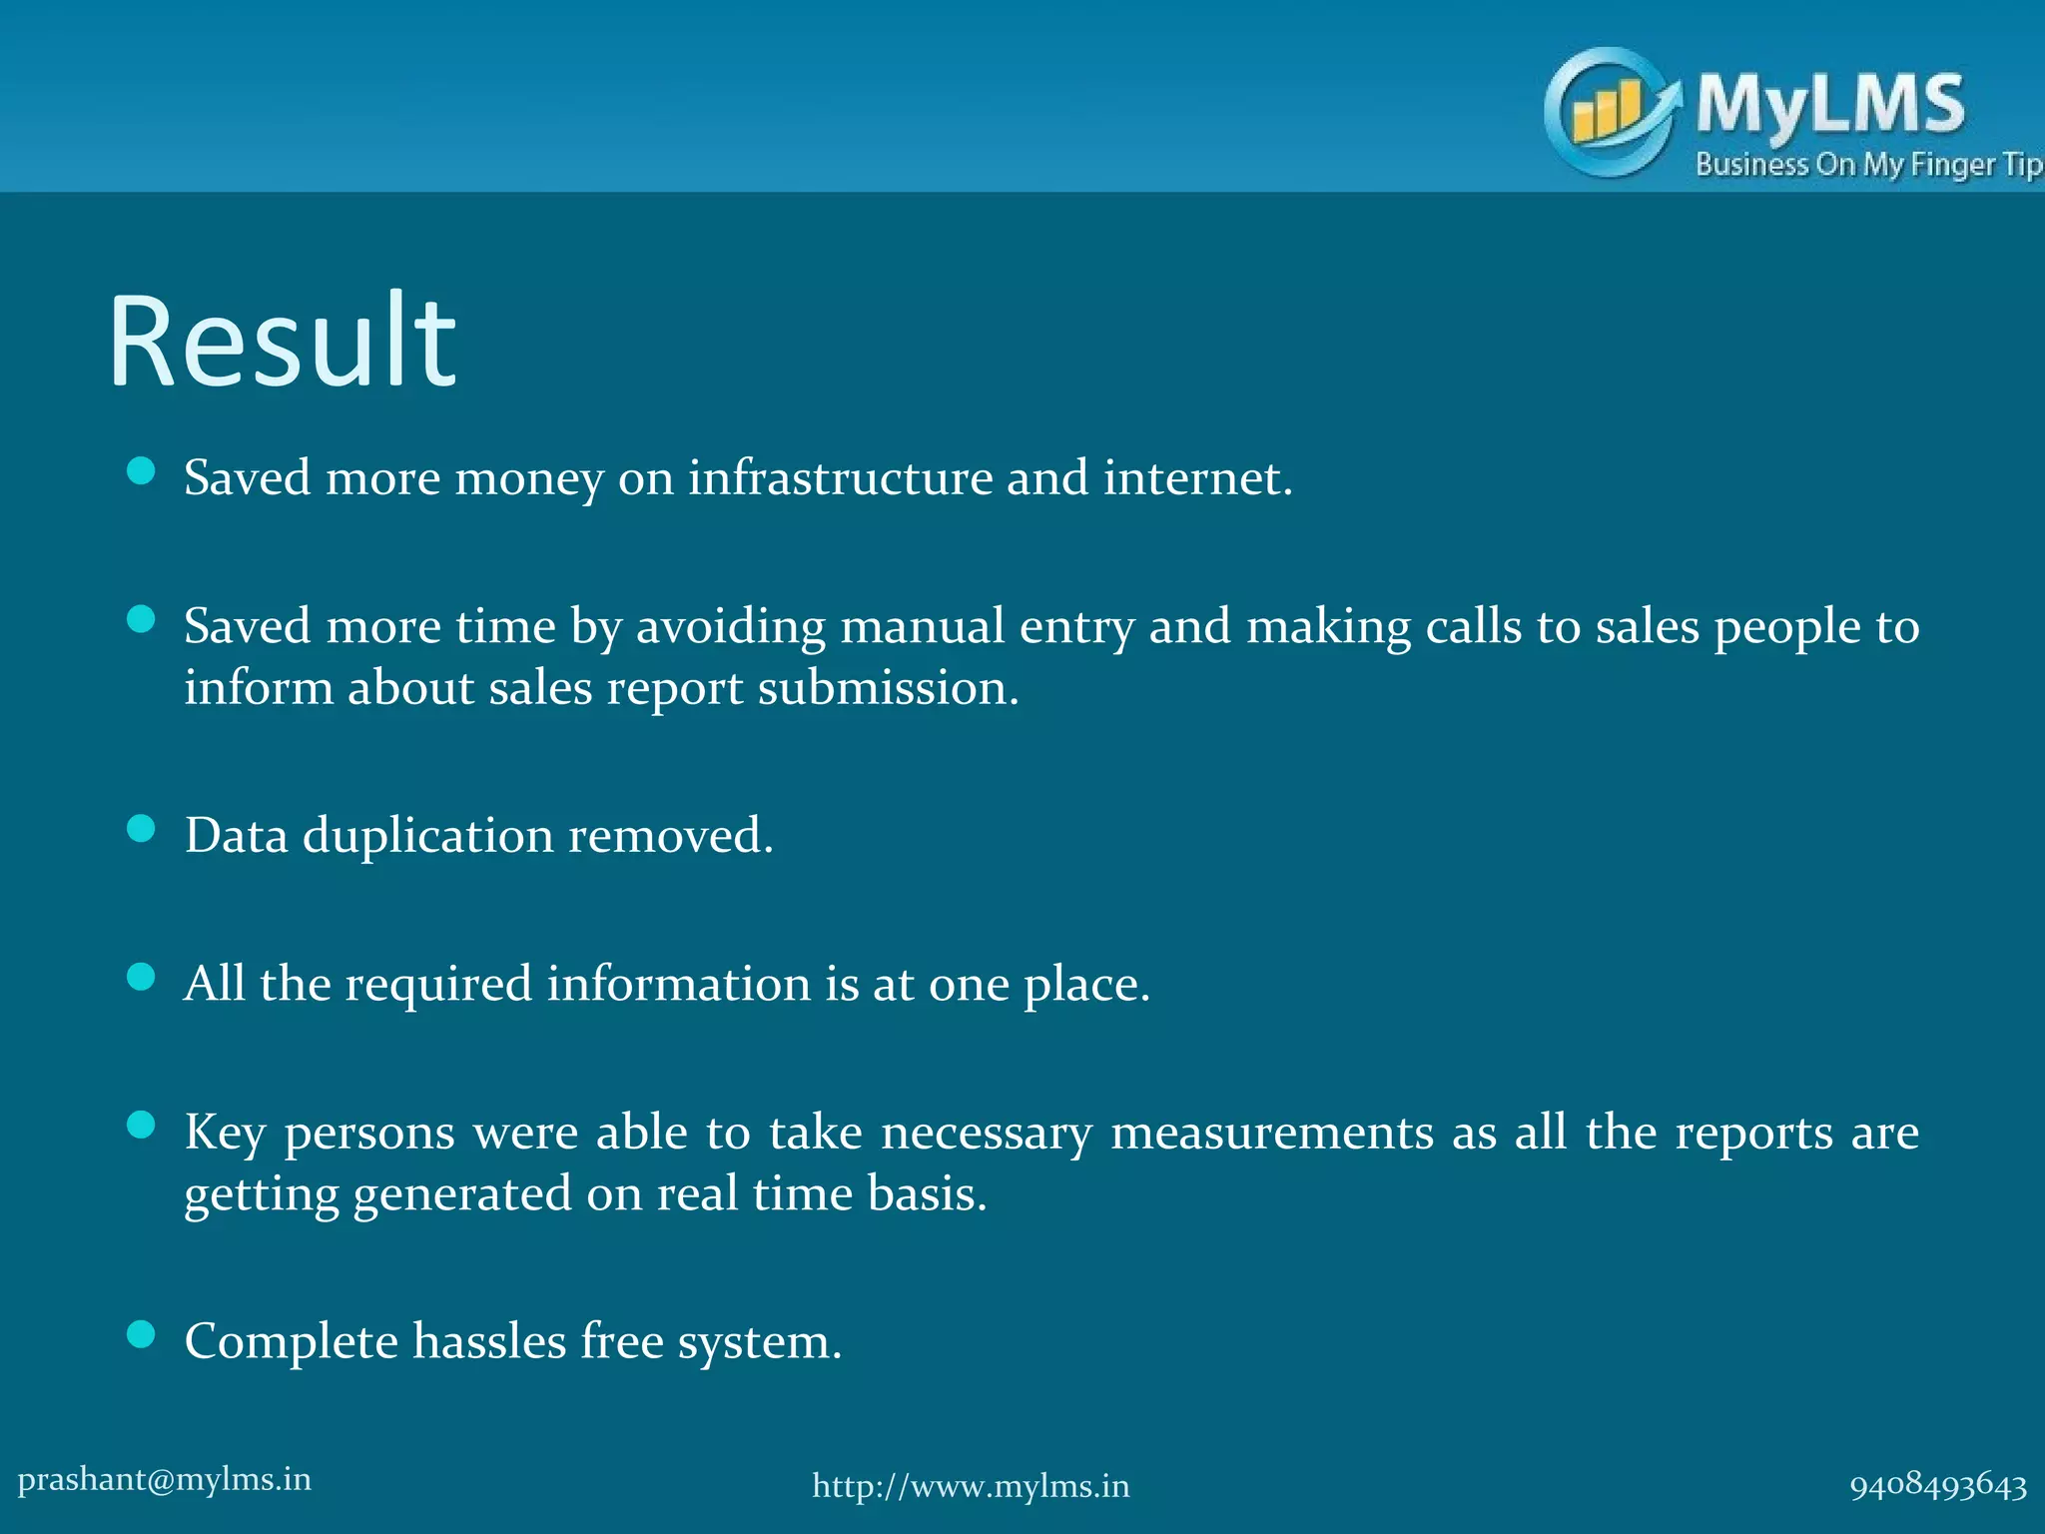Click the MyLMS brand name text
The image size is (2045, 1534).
[x=1830, y=104]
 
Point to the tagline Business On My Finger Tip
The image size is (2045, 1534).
[x=1867, y=165]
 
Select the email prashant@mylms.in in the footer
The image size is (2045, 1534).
[x=165, y=1479]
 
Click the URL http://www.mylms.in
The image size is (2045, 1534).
[x=971, y=1486]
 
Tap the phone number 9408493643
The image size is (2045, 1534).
[x=1938, y=1486]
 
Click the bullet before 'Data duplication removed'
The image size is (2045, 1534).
[x=142, y=828]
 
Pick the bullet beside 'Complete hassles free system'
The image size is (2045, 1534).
[x=142, y=1334]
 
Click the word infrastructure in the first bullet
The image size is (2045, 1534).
[x=840, y=477]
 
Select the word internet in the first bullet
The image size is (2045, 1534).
[x=1197, y=477]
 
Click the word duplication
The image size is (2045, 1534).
[x=427, y=835]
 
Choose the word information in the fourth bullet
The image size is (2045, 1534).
[x=678, y=984]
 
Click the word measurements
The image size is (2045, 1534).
[x=1272, y=1133]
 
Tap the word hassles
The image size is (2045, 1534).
[x=489, y=1341]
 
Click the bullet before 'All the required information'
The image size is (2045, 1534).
[x=142, y=977]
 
